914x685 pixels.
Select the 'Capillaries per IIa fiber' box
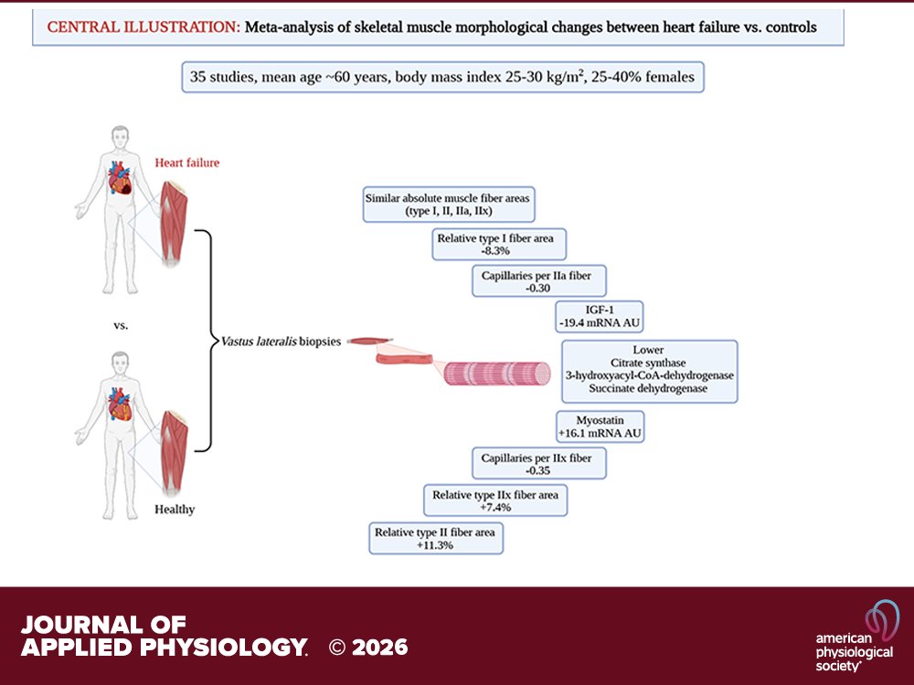pyautogui.click(x=538, y=279)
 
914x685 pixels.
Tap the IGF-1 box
pyautogui.click(x=592, y=316)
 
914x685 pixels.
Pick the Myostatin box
pyautogui.click(x=600, y=427)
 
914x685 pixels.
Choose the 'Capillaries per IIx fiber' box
pyautogui.click(x=538, y=463)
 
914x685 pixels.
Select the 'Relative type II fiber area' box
pyautogui.click(x=436, y=537)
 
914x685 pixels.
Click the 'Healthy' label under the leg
pyautogui.click(x=174, y=509)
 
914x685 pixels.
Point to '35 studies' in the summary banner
pyautogui.click(x=226, y=77)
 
